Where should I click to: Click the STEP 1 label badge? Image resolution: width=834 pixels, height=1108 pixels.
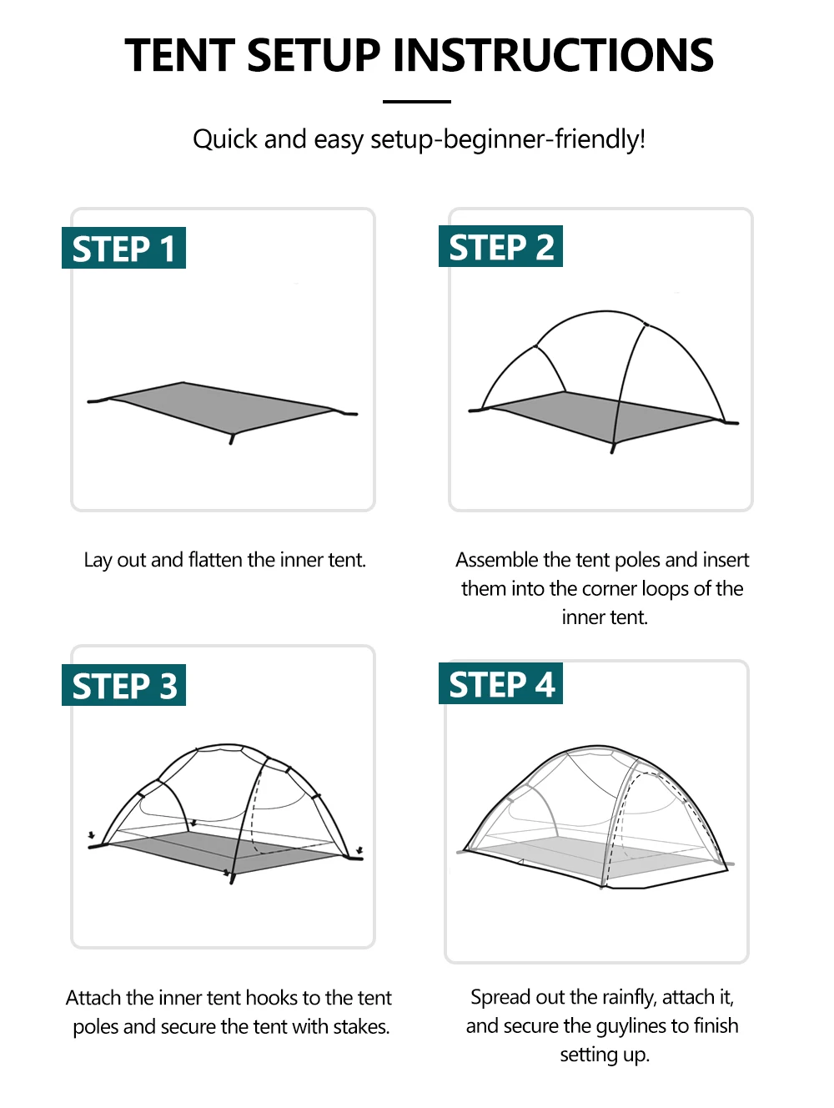[x=123, y=247]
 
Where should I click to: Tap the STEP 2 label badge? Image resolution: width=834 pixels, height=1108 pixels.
[x=500, y=246]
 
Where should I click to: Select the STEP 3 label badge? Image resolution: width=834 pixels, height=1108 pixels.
[x=123, y=684]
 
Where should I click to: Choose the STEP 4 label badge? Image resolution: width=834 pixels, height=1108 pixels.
[x=500, y=683]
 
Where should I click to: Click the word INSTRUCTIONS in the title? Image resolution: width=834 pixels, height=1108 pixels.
[x=553, y=55]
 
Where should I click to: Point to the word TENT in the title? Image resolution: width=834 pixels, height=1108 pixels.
[x=179, y=55]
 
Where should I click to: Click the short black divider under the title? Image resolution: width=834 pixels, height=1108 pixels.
[x=417, y=102]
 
